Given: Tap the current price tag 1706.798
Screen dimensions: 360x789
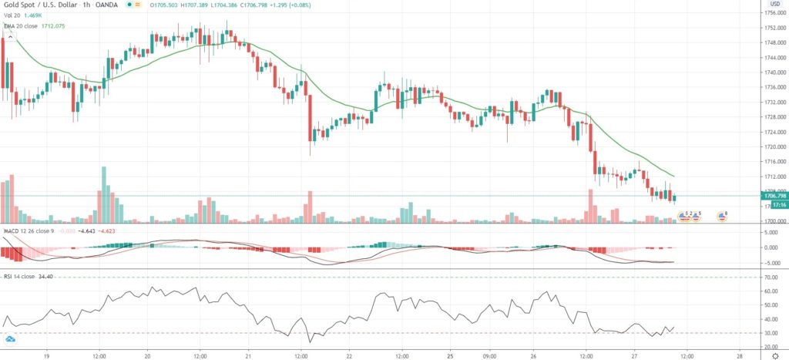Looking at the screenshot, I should point(771,196).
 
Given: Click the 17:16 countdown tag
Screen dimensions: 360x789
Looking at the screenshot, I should point(770,206).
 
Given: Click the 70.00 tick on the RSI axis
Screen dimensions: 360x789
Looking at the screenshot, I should point(768,277).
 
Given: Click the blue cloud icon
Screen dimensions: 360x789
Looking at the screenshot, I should point(11,338).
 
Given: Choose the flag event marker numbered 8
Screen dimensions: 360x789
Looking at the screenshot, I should point(723,216).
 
